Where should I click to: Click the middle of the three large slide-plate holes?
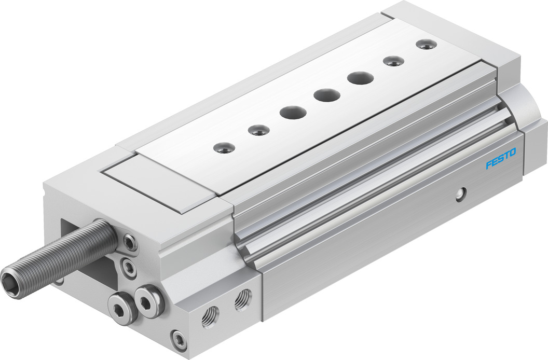point(326,95)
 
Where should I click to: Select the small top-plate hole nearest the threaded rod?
point(224,148)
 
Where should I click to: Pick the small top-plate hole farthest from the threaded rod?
point(426,44)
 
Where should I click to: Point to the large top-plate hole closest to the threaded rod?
point(293,113)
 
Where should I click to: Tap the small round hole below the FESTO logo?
point(460,194)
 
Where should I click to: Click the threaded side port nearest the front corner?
point(211,316)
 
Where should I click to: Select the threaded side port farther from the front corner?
point(242,300)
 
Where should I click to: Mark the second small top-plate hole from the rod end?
point(258,130)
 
